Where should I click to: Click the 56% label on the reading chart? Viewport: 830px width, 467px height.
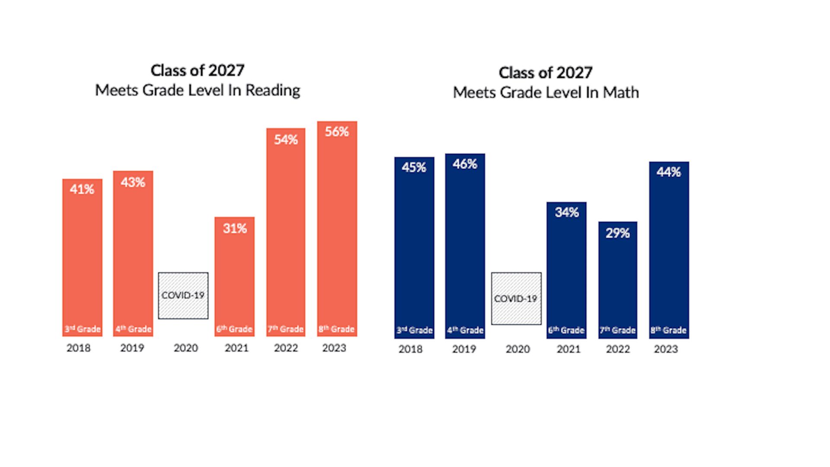tap(337, 131)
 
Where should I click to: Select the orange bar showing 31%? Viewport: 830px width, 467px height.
tap(234, 277)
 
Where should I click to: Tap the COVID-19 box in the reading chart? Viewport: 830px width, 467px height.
tap(183, 295)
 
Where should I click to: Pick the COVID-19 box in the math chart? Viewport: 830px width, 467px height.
tap(516, 298)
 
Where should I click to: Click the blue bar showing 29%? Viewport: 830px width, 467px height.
tap(617, 281)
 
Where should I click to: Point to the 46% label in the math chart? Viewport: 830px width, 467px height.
tap(465, 164)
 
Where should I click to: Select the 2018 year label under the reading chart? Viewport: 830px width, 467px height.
tap(78, 348)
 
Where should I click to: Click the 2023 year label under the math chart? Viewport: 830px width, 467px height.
tap(666, 349)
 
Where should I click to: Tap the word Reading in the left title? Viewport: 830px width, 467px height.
tap(273, 90)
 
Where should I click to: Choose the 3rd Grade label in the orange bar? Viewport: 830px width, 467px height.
tap(83, 329)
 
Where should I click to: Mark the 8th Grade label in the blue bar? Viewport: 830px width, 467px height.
tap(668, 330)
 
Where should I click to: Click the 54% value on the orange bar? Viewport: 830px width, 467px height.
tap(286, 140)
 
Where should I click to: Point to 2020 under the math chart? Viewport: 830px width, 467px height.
tap(517, 349)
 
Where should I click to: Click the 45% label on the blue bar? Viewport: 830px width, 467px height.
tap(414, 168)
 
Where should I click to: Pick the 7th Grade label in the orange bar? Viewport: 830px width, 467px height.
tap(285, 329)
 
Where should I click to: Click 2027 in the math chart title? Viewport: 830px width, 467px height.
tap(574, 73)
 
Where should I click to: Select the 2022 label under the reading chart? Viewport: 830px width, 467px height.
tap(286, 348)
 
